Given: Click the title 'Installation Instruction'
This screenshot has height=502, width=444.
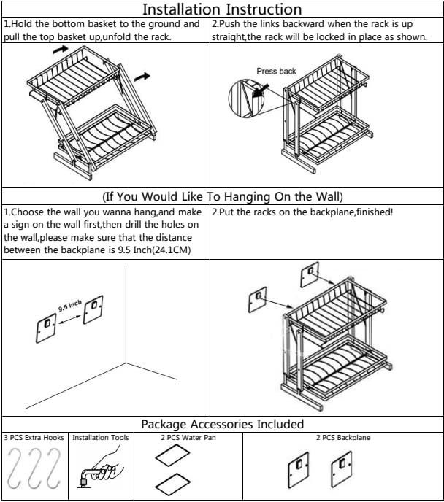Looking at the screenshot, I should (222, 9).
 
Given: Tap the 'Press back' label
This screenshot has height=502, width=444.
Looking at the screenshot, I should (276, 71).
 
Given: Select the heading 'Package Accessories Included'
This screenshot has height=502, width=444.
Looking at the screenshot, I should (222, 424).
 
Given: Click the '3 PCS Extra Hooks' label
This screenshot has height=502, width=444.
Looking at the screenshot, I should (34, 438).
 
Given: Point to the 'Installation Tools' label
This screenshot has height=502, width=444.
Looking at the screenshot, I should (101, 438).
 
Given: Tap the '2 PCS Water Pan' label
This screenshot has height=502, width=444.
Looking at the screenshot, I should (188, 438).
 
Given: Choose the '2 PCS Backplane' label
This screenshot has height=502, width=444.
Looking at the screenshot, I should (342, 438).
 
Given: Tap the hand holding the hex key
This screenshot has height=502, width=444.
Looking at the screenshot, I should (106, 464).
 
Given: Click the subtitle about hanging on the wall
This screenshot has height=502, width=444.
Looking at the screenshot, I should (222, 196).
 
